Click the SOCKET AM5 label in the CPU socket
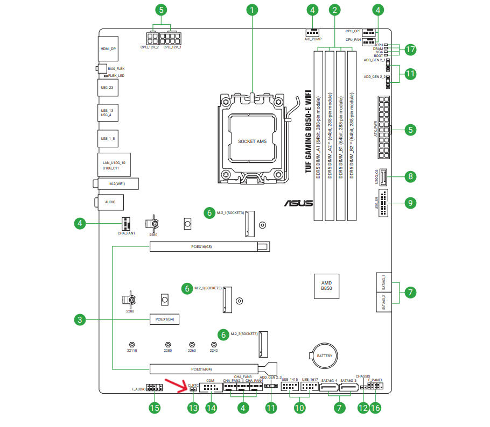click(x=252, y=141)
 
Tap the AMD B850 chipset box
click(x=326, y=286)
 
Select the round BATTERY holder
click(x=325, y=356)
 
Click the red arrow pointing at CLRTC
click(x=176, y=386)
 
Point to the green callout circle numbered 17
click(x=410, y=49)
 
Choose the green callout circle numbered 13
click(x=193, y=408)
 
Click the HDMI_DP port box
click(x=108, y=49)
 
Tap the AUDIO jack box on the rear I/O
click(x=110, y=202)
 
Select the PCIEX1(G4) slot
click(x=164, y=319)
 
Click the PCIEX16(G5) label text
click(x=201, y=247)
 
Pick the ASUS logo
click(x=298, y=203)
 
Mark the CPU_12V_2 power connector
click(x=152, y=39)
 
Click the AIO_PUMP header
click(x=312, y=32)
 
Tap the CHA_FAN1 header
click(x=125, y=224)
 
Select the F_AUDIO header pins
click(x=155, y=388)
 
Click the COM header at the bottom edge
click(x=211, y=388)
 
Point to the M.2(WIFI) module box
click(x=118, y=184)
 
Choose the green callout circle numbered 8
click(x=410, y=177)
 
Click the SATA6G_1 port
click(x=384, y=282)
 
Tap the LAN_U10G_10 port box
click(x=114, y=165)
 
